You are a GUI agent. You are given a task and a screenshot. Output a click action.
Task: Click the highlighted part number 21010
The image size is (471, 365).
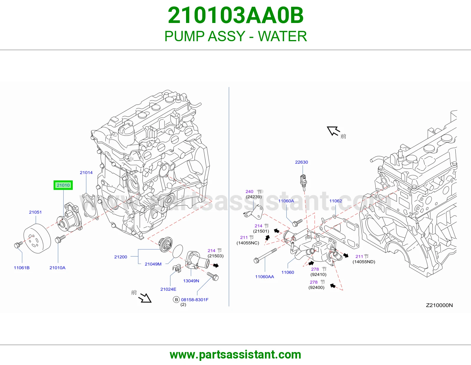click(x=63, y=185)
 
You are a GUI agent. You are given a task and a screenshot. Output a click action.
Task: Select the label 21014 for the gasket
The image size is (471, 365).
click(x=86, y=172)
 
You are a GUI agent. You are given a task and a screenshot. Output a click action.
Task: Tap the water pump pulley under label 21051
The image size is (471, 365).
click(x=37, y=238)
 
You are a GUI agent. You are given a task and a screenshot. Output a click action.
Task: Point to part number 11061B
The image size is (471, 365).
click(x=22, y=268)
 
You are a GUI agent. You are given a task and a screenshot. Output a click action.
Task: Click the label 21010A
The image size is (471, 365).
click(x=57, y=268)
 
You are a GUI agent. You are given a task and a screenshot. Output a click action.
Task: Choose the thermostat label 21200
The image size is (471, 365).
click(x=120, y=257)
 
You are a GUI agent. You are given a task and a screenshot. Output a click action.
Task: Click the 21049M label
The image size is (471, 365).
click(x=153, y=264)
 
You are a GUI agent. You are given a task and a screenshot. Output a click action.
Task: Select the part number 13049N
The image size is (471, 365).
click(x=191, y=281)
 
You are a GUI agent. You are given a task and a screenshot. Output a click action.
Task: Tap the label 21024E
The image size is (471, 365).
click(x=168, y=289)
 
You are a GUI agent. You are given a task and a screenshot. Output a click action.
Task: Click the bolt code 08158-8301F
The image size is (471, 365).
click(x=195, y=300)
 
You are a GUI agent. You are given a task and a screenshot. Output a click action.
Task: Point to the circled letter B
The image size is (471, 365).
click(x=176, y=300)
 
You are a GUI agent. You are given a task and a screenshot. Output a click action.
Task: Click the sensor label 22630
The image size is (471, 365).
click(x=301, y=162)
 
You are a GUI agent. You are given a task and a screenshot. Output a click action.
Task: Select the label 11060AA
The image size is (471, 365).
click(x=264, y=277)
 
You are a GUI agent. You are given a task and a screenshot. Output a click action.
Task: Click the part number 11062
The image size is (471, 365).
click(x=336, y=201)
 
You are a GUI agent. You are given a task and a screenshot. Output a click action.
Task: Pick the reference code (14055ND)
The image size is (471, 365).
click(x=364, y=262)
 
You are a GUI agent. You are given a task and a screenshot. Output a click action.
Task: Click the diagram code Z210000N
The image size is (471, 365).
click(x=439, y=305)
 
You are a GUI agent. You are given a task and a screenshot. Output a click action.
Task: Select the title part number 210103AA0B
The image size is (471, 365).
click(x=235, y=15)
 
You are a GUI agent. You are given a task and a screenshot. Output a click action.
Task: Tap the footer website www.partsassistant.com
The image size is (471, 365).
click(x=235, y=355)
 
